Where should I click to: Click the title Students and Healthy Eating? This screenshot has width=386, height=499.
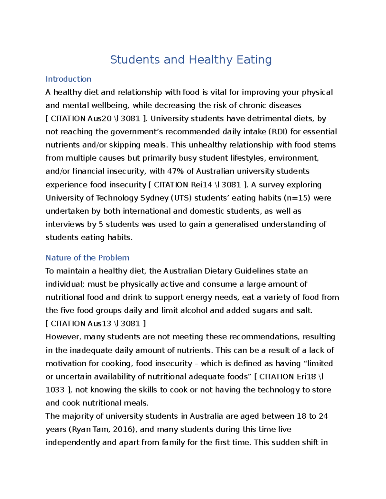pos(191,60)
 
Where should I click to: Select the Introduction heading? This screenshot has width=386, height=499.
pos(68,79)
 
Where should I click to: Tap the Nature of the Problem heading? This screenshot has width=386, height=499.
pos(87,258)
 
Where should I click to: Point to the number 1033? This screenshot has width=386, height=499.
pos(55,390)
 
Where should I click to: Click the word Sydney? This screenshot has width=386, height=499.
pos(154,198)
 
